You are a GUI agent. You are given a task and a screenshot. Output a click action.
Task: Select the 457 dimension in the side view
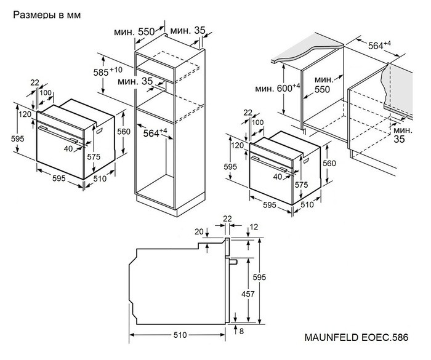click(x=248, y=294)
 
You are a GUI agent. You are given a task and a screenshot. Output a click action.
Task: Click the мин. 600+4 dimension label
click(x=276, y=89)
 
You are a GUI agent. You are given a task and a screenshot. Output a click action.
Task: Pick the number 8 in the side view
click(x=241, y=332)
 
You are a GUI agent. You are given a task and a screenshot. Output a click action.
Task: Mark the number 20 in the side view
click(x=198, y=231)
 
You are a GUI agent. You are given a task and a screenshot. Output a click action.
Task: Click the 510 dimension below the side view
click(x=179, y=335)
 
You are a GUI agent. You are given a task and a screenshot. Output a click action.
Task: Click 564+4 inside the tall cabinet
click(x=155, y=132)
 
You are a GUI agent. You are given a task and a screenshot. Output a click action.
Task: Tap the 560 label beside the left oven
click(x=124, y=131)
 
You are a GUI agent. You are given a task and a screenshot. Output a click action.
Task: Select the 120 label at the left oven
click(x=24, y=114)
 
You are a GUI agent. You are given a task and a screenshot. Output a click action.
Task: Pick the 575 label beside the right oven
click(x=302, y=185)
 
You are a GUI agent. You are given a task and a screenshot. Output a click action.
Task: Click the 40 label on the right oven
click(x=277, y=177)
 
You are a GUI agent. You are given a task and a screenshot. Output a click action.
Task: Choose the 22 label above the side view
click(x=227, y=218)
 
